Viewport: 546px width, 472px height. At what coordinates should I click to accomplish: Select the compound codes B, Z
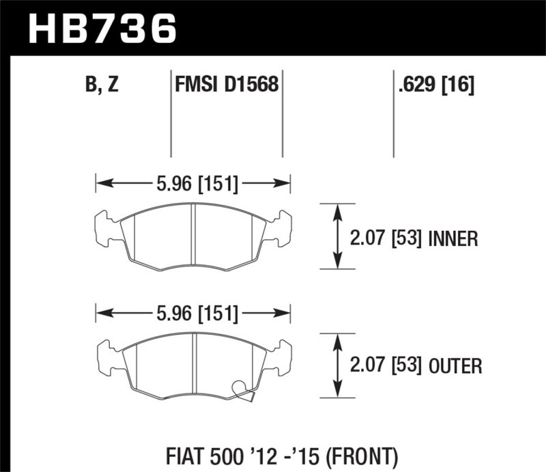[102, 85]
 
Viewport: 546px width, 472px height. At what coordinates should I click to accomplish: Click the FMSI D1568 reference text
[226, 85]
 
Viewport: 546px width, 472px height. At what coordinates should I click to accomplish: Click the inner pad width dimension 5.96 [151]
[193, 182]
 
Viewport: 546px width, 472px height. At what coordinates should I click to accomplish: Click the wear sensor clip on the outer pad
[243, 390]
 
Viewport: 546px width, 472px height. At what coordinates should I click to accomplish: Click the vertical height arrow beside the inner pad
[337, 236]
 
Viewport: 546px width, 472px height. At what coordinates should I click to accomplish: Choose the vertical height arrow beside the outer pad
[337, 365]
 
